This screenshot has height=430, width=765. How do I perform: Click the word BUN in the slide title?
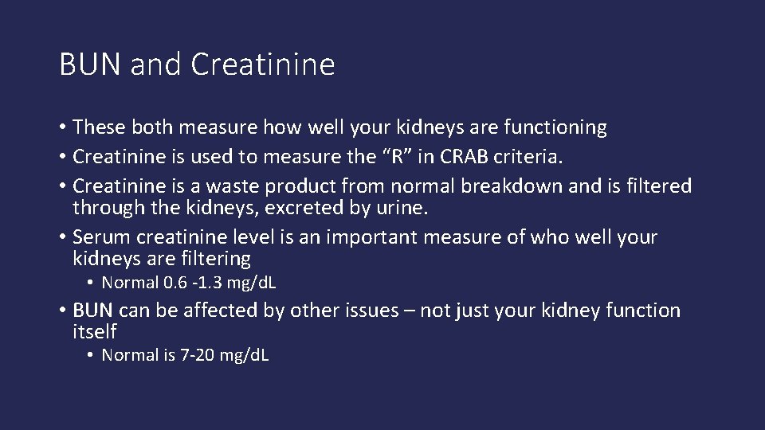(91, 64)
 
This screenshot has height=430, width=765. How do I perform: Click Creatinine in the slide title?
(263, 64)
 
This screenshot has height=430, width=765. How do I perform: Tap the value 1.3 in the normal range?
(209, 283)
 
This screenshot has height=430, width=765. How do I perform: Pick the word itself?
(95, 331)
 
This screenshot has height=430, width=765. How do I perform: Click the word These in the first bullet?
(98, 127)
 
